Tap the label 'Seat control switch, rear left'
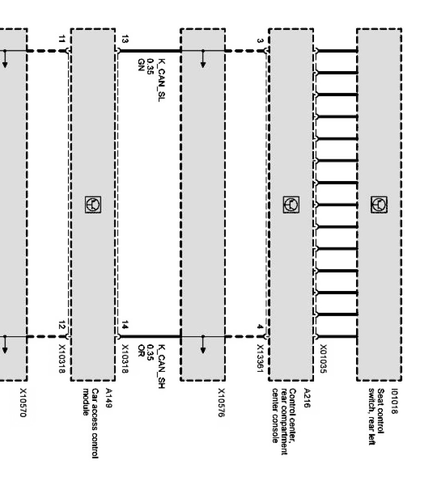(x=375, y=417)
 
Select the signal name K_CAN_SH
(x=161, y=365)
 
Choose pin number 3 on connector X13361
(x=260, y=41)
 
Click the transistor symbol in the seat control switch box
(x=379, y=204)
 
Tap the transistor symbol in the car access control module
(x=92, y=204)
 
